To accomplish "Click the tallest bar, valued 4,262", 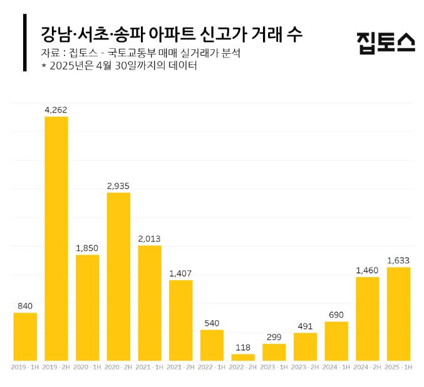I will pos(56,238).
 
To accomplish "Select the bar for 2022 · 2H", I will pos(243,357).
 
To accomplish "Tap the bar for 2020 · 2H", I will pos(118,276).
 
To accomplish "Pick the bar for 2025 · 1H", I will pos(398,313).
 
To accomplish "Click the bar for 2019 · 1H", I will pos(25,336).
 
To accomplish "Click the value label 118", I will pos(243,346).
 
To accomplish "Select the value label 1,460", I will pos(367,269).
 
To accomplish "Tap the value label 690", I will pos(336,314).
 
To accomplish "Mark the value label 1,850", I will pos(88,248).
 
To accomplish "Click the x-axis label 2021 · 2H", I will pos(181,367).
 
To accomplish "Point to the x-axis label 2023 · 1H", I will pos(274,367).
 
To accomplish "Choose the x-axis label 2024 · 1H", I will pos(336,367).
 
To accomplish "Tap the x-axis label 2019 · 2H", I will pos(56,367).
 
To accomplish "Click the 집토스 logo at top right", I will pos(385,43).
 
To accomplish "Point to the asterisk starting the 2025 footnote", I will pos(44,66).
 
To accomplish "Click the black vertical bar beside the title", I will pos(24,43).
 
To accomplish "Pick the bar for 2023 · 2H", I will pos(305,346).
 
